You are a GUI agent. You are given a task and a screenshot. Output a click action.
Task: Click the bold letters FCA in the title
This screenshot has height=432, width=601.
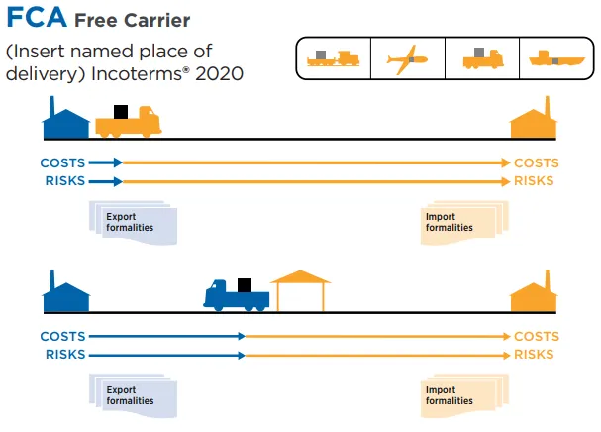click(x=37, y=18)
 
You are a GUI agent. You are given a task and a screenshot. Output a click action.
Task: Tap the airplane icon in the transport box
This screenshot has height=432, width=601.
click(x=408, y=59)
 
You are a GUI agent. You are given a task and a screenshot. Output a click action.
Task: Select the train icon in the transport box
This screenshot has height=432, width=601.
click(x=334, y=59)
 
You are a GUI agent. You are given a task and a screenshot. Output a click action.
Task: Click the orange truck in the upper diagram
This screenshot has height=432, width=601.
click(x=127, y=123)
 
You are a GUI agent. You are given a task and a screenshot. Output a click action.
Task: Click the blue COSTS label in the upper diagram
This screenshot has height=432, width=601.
click(x=62, y=162)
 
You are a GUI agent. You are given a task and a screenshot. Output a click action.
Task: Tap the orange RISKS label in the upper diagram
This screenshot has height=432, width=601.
click(x=534, y=181)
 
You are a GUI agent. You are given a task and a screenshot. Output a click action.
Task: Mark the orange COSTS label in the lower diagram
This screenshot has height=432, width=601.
click(x=537, y=337)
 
